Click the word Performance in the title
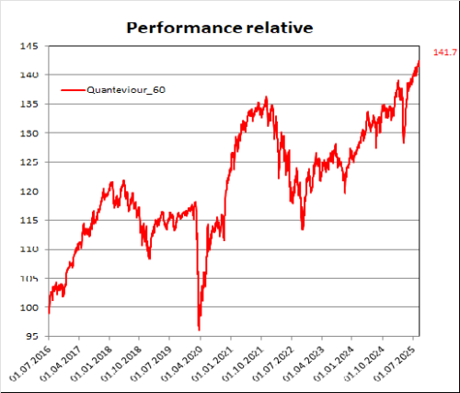point(184,29)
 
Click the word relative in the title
point(280,28)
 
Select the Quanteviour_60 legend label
point(126,90)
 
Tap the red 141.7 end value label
point(445,52)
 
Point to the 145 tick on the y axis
point(29,46)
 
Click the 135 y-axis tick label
point(29,104)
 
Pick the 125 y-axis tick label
point(29,162)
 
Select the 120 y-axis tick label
point(29,191)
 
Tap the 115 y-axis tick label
point(29,220)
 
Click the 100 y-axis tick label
point(29,307)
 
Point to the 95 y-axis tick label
point(32,336)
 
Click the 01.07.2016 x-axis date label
point(30,364)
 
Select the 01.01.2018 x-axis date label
point(91,364)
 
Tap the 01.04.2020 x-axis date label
point(182,364)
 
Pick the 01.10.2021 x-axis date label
point(243,364)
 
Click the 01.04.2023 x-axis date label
point(304,364)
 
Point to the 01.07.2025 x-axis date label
point(395,364)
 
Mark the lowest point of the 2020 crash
point(200,330)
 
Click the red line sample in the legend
point(74,90)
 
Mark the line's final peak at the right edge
point(419,61)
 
